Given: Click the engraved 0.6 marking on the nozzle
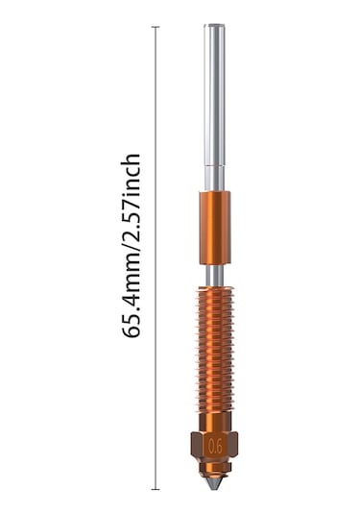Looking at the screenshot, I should point(215,446).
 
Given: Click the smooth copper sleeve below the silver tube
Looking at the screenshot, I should point(215,228).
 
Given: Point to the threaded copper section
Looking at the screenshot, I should point(215,346).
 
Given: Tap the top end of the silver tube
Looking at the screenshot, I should point(215,28).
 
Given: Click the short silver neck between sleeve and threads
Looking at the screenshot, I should point(215,275).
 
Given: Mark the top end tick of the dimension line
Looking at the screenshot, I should point(156,27).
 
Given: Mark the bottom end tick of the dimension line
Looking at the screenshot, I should point(156,489).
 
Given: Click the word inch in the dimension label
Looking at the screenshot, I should point(132,173).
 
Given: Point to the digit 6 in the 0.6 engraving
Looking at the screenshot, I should point(219,446).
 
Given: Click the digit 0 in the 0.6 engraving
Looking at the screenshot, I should point(210,446).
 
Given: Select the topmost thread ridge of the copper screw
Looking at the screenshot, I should point(215,290).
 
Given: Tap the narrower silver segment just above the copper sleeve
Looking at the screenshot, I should point(215,179).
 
